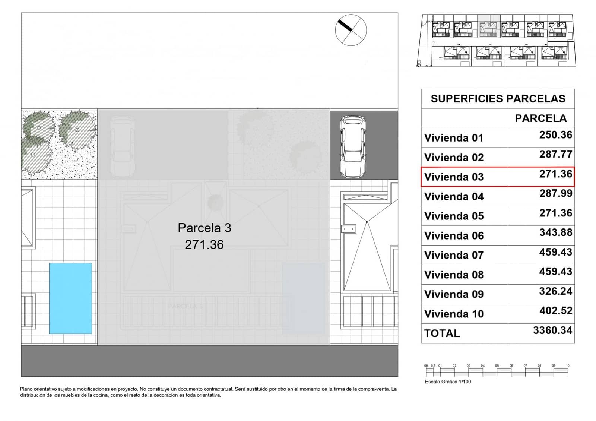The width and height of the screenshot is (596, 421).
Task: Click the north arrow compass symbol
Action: (351, 30)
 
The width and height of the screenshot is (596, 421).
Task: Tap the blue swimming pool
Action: (70, 298)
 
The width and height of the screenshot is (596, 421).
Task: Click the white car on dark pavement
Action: (352, 146)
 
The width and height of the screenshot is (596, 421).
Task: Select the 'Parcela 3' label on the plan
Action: (204, 228)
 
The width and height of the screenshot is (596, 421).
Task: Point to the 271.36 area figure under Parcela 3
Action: (204, 245)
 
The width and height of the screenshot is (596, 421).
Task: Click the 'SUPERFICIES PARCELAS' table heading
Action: (498, 99)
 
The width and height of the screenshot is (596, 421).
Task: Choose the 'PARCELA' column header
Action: (540, 118)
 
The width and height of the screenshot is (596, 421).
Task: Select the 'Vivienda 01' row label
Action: (453, 138)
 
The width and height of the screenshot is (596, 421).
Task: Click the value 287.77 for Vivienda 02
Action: (555, 154)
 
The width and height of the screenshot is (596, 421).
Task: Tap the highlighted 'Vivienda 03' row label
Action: (454, 177)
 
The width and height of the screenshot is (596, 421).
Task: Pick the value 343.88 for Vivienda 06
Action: (555, 232)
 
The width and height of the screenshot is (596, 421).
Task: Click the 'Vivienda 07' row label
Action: (454, 255)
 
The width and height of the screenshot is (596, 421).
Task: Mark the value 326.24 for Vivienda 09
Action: (555, 291)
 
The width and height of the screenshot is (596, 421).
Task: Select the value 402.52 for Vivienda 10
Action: (555, 311)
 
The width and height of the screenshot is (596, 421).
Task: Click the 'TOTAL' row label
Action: (442, 333)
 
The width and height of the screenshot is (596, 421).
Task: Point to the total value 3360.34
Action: (552, 330)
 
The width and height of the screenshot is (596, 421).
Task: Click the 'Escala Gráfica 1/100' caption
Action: (448, 382)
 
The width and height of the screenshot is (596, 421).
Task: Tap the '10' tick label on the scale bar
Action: (567, 365)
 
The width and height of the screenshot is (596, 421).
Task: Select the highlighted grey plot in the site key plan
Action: (489, 26)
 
